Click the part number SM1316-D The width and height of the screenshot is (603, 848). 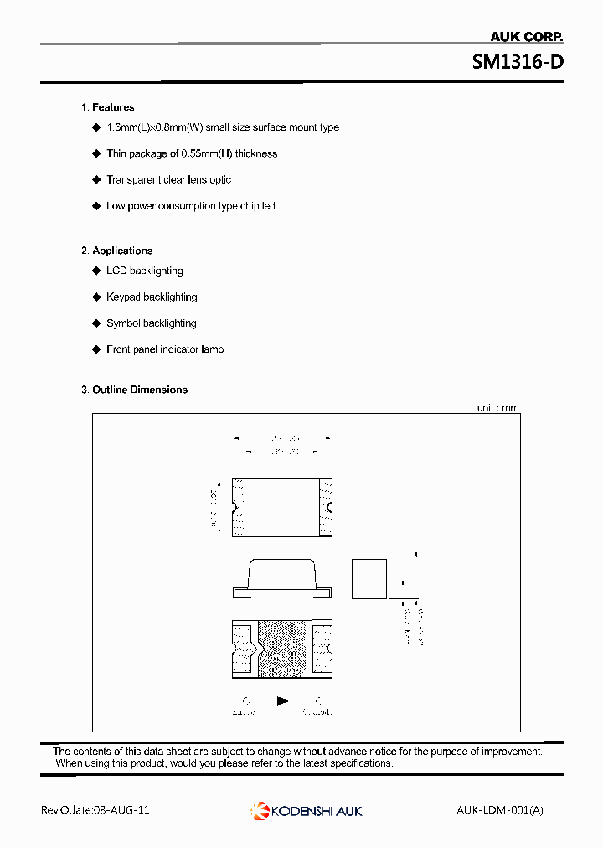517,62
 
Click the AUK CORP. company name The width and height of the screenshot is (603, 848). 526,37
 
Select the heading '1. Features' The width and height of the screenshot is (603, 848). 107,107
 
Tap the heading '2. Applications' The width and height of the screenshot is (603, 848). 116,251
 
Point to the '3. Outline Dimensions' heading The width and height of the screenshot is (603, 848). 134,390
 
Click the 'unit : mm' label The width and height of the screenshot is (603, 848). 498,408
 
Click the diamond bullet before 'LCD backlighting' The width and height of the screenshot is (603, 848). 96,271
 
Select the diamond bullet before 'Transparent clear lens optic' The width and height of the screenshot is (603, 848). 96,179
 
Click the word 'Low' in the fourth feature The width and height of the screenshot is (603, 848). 116,206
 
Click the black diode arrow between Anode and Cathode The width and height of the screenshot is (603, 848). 283,701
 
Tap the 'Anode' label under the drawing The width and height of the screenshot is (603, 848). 244,711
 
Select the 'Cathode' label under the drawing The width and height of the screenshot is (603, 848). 317,711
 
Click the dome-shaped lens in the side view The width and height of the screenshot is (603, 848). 281,574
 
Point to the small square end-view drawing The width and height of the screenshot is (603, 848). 368,578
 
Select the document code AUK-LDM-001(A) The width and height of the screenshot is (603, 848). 500,810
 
